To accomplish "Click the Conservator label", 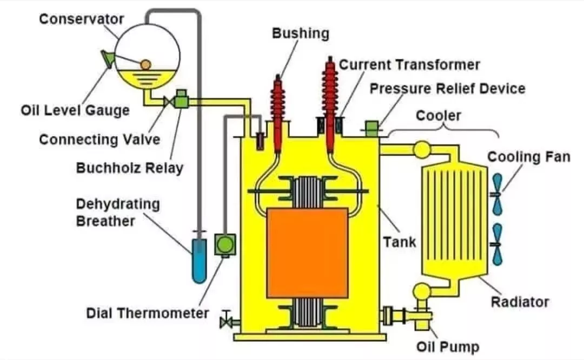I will (x=82, y=19).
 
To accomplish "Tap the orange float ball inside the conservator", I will (x=145, y=64).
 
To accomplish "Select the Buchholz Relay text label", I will (x=129, y=168).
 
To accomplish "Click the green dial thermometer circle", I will (x=224, y=244).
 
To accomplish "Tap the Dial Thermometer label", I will (x=148, y=313).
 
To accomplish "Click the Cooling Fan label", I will (x=529, y=157).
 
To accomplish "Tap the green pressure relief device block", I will (x=372, y=128).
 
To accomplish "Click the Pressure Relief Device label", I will (x=447, y=88).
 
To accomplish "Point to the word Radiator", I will (x=520, y=302).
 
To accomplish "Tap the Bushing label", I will (x=300, y=33).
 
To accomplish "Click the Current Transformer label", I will (x=409, y=65).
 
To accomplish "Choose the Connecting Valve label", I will (x=99, y=139).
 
